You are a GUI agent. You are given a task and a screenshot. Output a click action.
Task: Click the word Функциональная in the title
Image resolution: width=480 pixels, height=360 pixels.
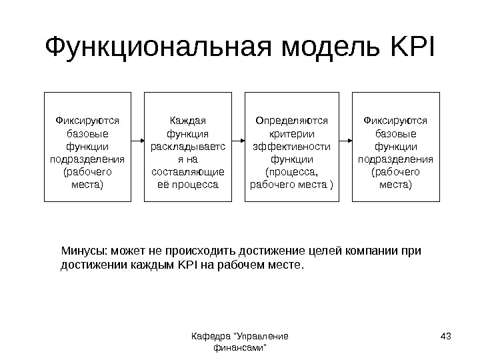coord(160,48)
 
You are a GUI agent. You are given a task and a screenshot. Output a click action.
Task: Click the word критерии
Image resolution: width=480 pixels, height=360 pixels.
coord(293,133)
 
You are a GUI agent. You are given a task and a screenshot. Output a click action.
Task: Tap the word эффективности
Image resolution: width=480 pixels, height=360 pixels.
coord(293,146)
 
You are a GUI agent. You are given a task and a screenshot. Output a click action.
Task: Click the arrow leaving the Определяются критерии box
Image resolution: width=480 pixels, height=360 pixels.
coord(346,141)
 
